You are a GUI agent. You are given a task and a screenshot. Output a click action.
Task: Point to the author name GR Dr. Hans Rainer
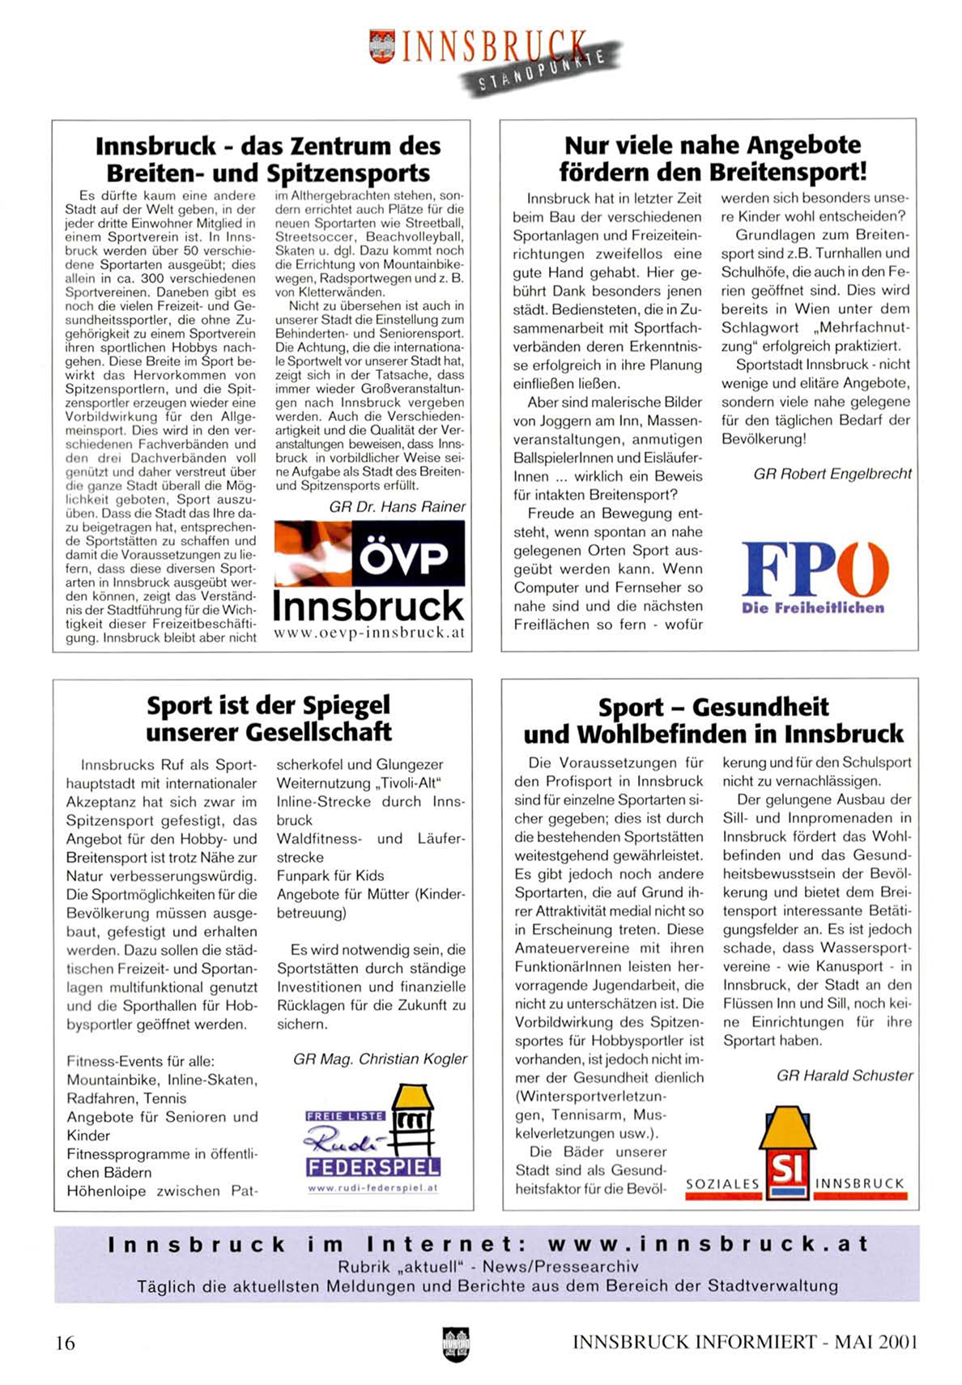click(x=397, y=507)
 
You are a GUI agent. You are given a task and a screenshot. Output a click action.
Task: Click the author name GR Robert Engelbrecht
click(x=832, y=474)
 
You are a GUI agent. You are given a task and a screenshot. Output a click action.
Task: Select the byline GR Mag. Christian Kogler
click(x=380, y=1059)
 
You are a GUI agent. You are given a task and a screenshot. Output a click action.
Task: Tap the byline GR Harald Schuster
click(x=844, y=1076)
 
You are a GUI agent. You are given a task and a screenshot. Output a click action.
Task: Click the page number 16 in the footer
click(x=65, y=1343)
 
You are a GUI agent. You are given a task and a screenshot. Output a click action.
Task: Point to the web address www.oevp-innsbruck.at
click(x=369, y=633)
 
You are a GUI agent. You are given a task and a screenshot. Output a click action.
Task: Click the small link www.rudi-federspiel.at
click(x=372, y=1188)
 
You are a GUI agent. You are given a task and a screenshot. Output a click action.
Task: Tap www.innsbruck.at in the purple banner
click(x=707, y=1244)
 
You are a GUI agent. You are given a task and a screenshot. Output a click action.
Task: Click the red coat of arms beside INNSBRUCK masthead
click(x=381, y=46)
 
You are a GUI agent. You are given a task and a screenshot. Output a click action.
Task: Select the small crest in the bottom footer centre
click(x=456, y=1344)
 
